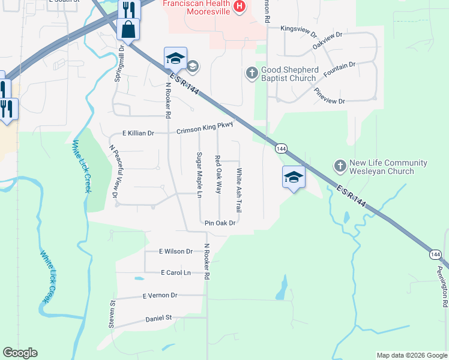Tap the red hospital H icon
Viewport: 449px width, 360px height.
coord(240,7)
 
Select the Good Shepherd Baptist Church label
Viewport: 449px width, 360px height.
coord(288,74)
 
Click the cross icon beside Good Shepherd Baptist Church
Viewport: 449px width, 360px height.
coord(251,73)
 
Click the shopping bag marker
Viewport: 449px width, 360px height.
coord(129,28)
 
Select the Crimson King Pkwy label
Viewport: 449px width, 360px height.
coord(204,128)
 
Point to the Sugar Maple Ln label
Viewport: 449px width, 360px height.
coord(199,174)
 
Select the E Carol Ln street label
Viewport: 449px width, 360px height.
coord(176,272)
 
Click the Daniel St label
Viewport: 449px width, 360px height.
coord(158,317)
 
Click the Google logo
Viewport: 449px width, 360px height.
coord(20,353)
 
